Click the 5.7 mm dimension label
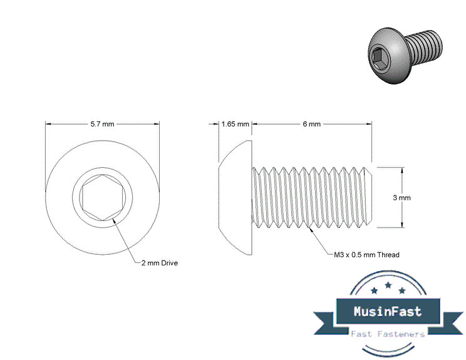coord(102,124)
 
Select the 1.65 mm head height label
coord(236,124)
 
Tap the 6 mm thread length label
coord(311,124)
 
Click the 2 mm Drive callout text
coord(159,263)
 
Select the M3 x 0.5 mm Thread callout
coord(363,255)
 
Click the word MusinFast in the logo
coord(388,311)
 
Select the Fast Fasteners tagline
coord(388,334)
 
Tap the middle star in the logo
coord(388,285)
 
